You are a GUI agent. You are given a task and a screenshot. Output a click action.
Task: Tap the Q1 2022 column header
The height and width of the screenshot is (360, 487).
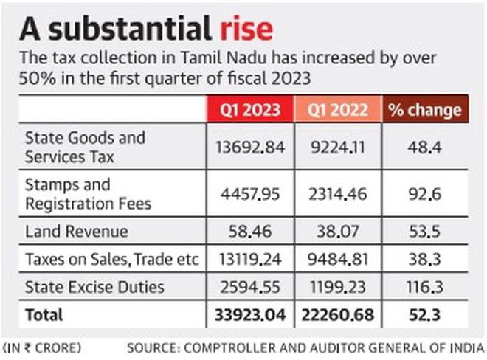coord(337,110)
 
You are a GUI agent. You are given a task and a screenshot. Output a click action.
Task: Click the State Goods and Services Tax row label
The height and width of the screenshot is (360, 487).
coord(85,148)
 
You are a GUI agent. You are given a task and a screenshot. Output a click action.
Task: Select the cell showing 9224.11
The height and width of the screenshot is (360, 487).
coord(337,148)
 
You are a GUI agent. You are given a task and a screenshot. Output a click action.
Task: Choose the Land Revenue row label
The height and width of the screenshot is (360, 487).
coord(77,232)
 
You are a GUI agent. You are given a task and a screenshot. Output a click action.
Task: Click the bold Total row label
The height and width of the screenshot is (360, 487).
coord(44,315)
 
